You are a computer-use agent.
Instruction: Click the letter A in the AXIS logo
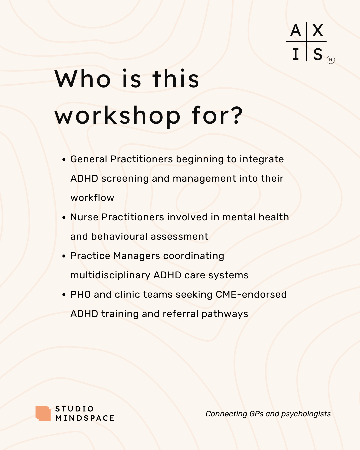pyautogui.click(x=296, y=31)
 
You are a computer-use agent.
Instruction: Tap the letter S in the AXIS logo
pyautogui.click(x=318, y=54)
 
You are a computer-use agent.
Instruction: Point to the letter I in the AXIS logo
pyautogui.click(x=295, y=54)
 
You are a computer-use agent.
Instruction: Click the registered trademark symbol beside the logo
pyautogui.click(x=331, y=60)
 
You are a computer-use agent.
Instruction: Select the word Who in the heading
pyautogui.click(x=83, y=79)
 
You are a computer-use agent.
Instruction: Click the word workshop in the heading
pyautogui.click(x=118, y=116)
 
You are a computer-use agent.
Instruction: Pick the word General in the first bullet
pyautogui.click(x=89, y=159)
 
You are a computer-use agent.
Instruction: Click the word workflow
pyautogui.click(x=92, y=198)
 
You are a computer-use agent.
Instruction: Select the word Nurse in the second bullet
pyautogui.click(x=84, y=217)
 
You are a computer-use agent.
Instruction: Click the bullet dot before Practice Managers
pyautogui.click(x=64, y=256)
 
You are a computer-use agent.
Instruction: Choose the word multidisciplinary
pyautogui.click(x=110, y=275)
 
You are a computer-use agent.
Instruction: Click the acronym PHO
pyautogui.click(x=80, y=295)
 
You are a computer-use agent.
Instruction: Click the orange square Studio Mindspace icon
pyautogui.click(x=43, y=413)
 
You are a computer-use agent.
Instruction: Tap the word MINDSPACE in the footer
pyautogui.click(x=85, y=418)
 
